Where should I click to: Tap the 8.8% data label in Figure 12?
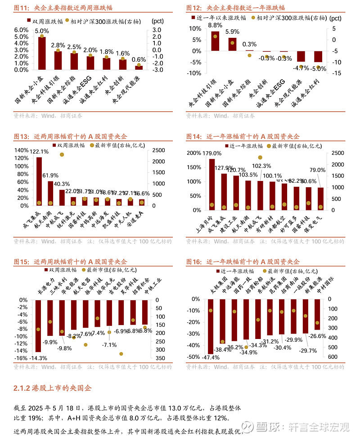[x=215, y=25]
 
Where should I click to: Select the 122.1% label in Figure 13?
[x=39, y=151]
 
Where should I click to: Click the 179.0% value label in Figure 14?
[x=212, y=154]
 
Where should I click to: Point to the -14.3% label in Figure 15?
[x=38, y=358]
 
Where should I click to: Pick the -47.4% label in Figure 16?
[x=211, y=357]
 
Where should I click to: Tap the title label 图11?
[x=21, y=8]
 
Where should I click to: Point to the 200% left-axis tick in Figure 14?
[x=194, y=153]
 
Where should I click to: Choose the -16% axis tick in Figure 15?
[x=21, y=358]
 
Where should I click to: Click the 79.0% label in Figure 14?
[x=318, y=170]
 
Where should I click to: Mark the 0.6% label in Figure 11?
[x=139, y=59]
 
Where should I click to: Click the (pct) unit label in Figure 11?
[x=158, y=21]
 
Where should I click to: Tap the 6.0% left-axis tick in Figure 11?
[x=22, y=30]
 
